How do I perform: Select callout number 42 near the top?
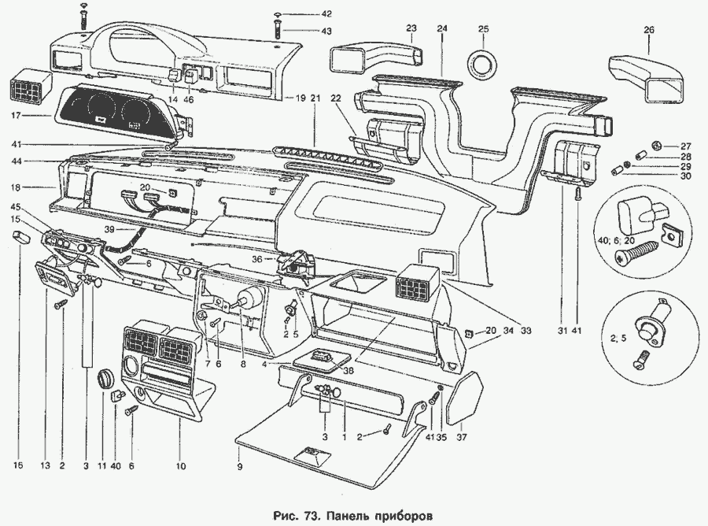(304, 15)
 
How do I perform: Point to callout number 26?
(649, 30)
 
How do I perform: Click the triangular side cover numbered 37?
(464, 398)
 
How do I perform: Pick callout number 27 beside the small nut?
(685, 146)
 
